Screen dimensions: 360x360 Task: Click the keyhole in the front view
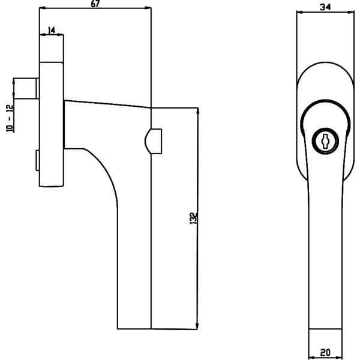324,141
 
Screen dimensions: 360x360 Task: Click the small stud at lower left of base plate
37,161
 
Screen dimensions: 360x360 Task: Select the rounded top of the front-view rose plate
325,68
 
